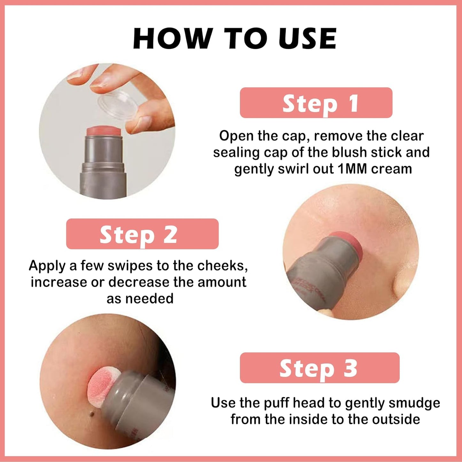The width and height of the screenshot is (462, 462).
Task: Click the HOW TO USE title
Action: [x=235, y=39]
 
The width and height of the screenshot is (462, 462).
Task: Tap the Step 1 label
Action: [x=316, y=103]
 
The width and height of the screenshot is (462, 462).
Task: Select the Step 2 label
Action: [x=142, y=234]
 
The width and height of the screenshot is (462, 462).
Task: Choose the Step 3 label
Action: [x=319, y=368]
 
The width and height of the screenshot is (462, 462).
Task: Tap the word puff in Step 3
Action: [x=277, y=403]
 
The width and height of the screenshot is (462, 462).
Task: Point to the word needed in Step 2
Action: [x=149, y=299]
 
